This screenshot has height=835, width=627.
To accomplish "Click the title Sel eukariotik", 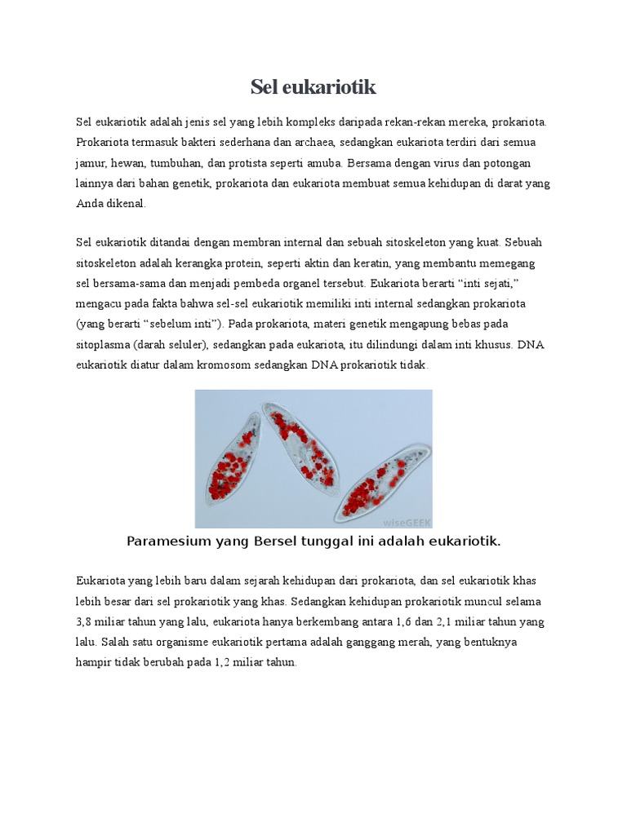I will (313, 87).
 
